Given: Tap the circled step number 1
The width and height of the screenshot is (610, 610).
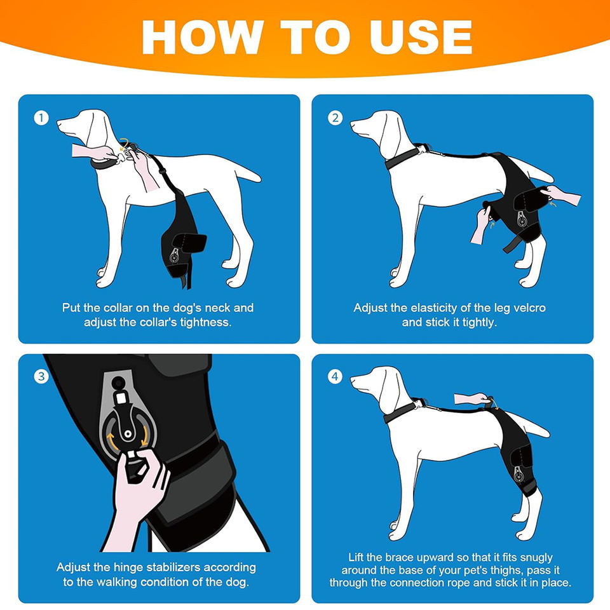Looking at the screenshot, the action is [41, 118].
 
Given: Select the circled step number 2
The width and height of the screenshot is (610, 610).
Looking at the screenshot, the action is [335, 118].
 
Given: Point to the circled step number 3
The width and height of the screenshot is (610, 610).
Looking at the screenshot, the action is [41, 377].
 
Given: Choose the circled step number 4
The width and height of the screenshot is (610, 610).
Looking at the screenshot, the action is [335, 377].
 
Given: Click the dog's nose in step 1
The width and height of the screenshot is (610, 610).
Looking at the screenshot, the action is [58, 123].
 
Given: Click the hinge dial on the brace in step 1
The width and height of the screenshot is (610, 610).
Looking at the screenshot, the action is [174, 256].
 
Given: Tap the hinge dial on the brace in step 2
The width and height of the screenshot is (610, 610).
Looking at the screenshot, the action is [522, 220].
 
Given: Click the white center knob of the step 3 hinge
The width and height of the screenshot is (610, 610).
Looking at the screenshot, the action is [127, 433].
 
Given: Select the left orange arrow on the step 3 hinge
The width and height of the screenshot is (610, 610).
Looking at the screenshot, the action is [112, 441].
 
